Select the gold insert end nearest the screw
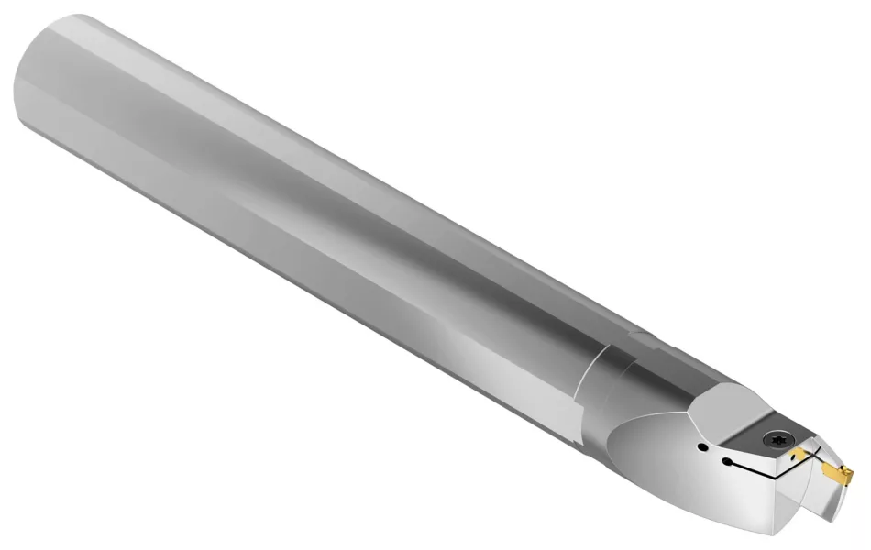pos(801,455)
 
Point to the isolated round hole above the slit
pos(701,447)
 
